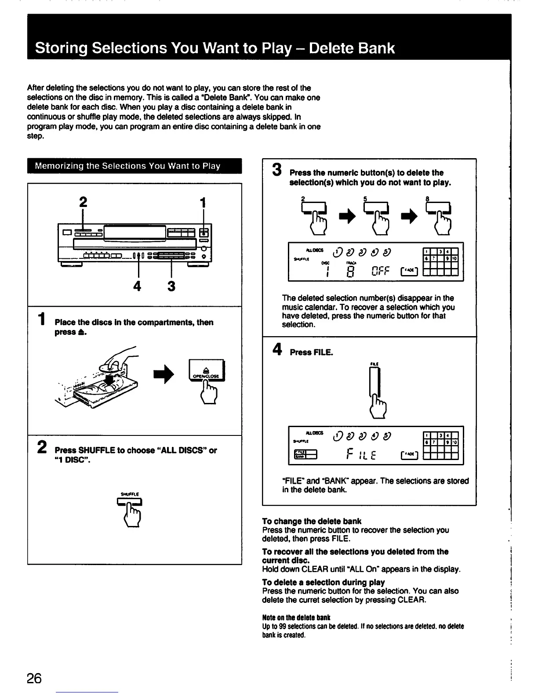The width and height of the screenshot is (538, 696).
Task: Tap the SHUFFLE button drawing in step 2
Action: pyautogui.click(x=129, y=502)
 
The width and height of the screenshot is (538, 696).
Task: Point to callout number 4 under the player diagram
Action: pyautogui.click(x=138, y=286)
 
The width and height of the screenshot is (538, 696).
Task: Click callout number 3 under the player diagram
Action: pyautogui.click(x=171, y=286)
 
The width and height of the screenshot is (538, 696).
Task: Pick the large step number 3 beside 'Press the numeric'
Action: pyautogui.click(x=276, y=170)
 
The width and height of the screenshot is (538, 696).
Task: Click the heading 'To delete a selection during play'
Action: pyautogui.click(x=323, y=582)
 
